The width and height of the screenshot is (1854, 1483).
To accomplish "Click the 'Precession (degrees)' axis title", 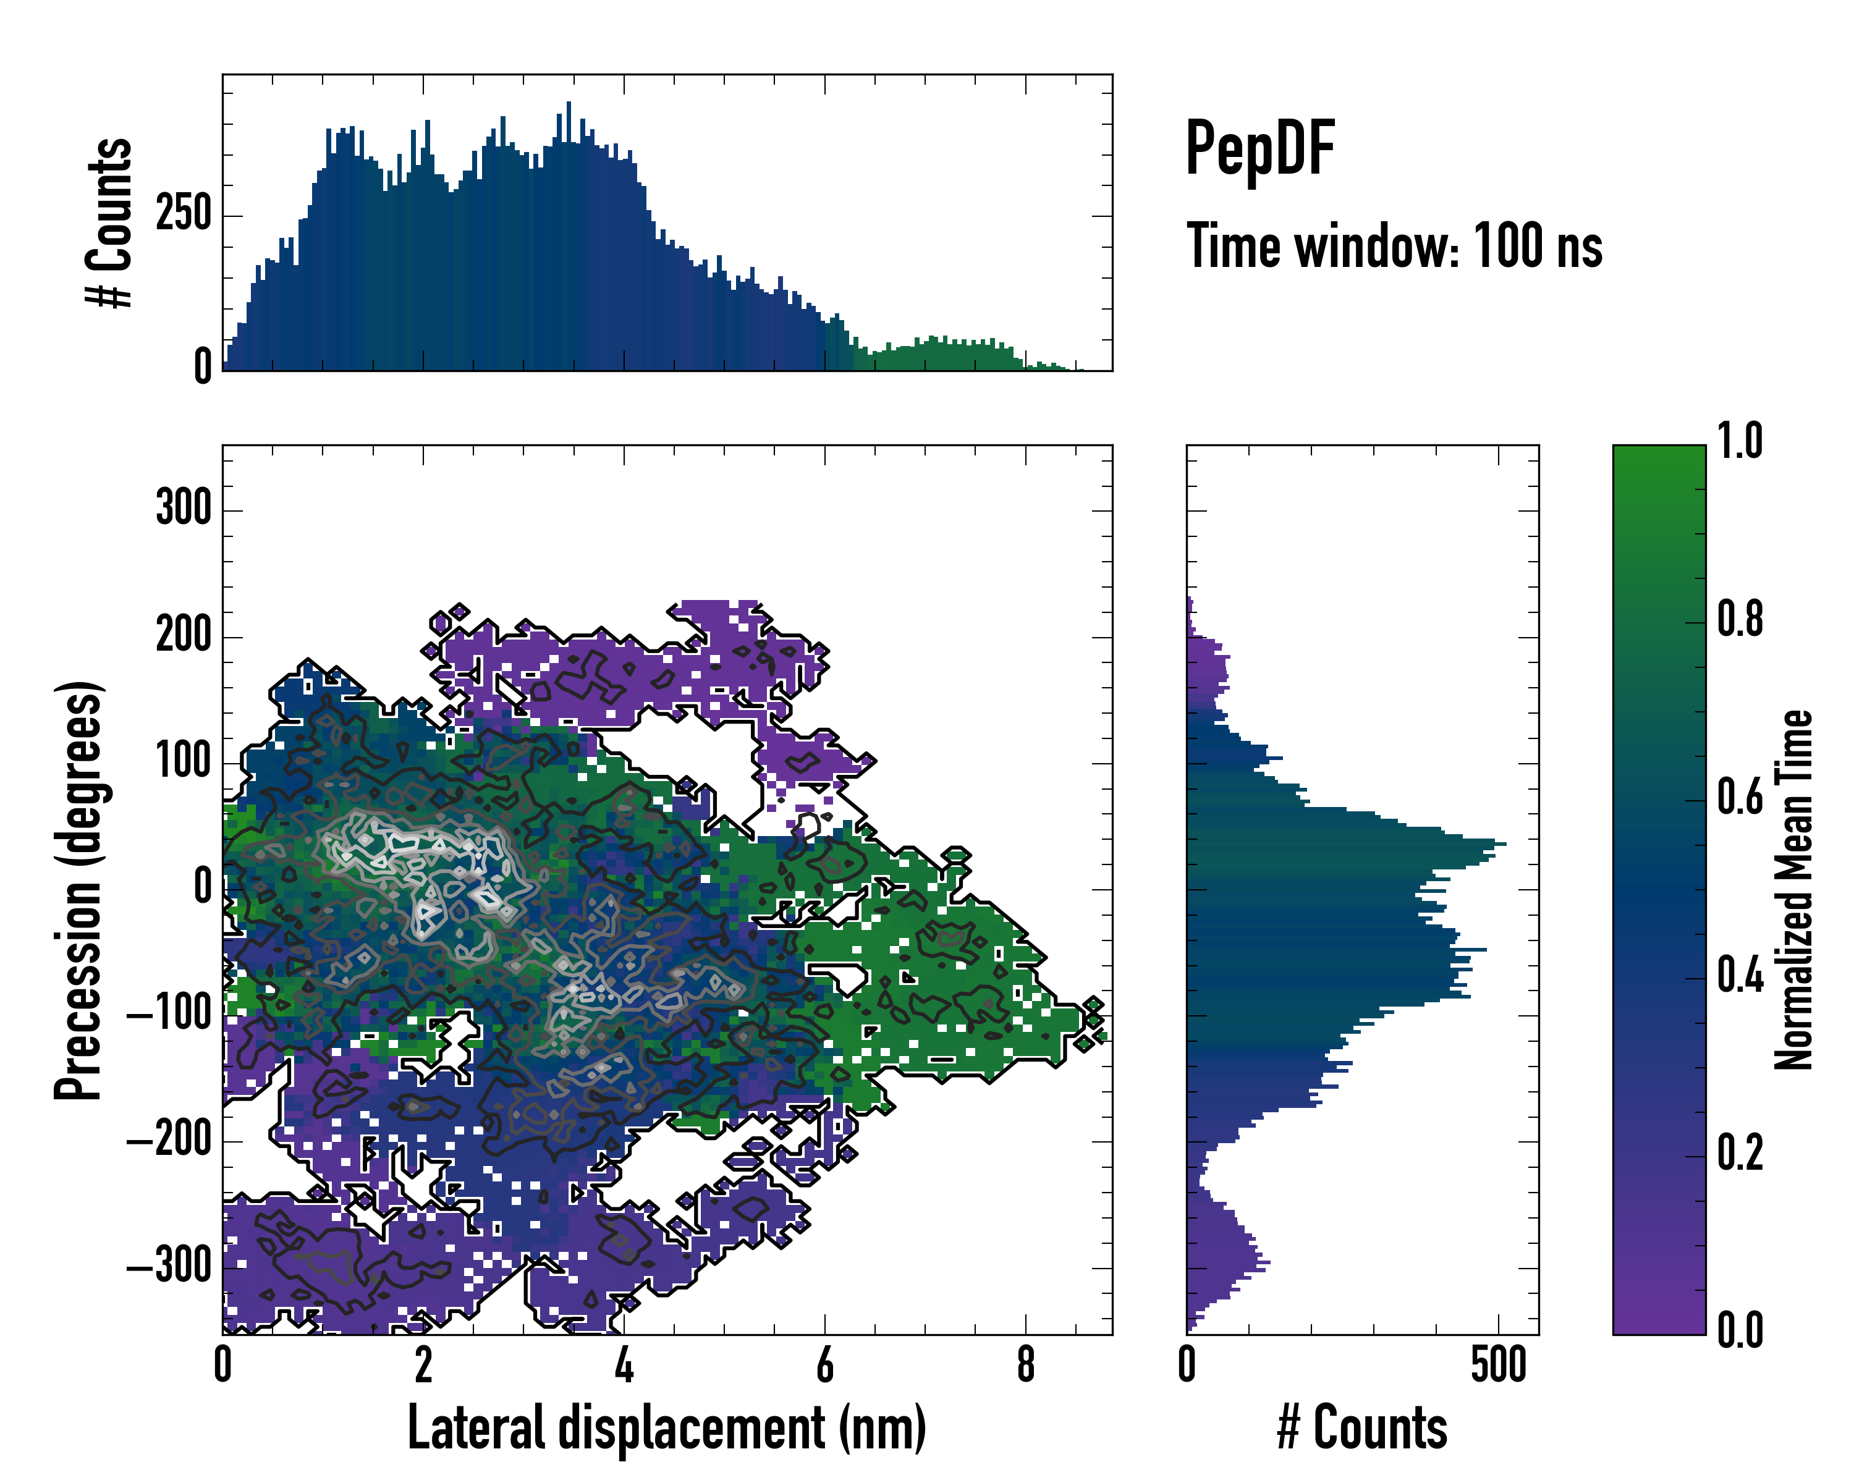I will point(79,890).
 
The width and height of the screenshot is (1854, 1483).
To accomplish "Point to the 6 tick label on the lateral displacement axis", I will point(824,1365).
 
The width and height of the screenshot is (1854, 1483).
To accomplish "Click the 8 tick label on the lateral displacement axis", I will point(1025,1365).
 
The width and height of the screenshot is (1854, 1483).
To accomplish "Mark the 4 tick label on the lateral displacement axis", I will point(624,1365).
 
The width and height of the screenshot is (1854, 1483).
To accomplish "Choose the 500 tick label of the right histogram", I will point(1498,1365).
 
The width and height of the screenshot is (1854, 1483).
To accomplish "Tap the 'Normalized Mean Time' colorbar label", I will point(1794,890).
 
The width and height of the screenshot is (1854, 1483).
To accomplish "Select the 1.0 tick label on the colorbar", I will point(1740,442).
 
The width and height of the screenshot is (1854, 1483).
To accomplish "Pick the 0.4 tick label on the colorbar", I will point(1740,977).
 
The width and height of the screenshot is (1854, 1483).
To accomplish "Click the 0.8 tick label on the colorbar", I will point(1740,620).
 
